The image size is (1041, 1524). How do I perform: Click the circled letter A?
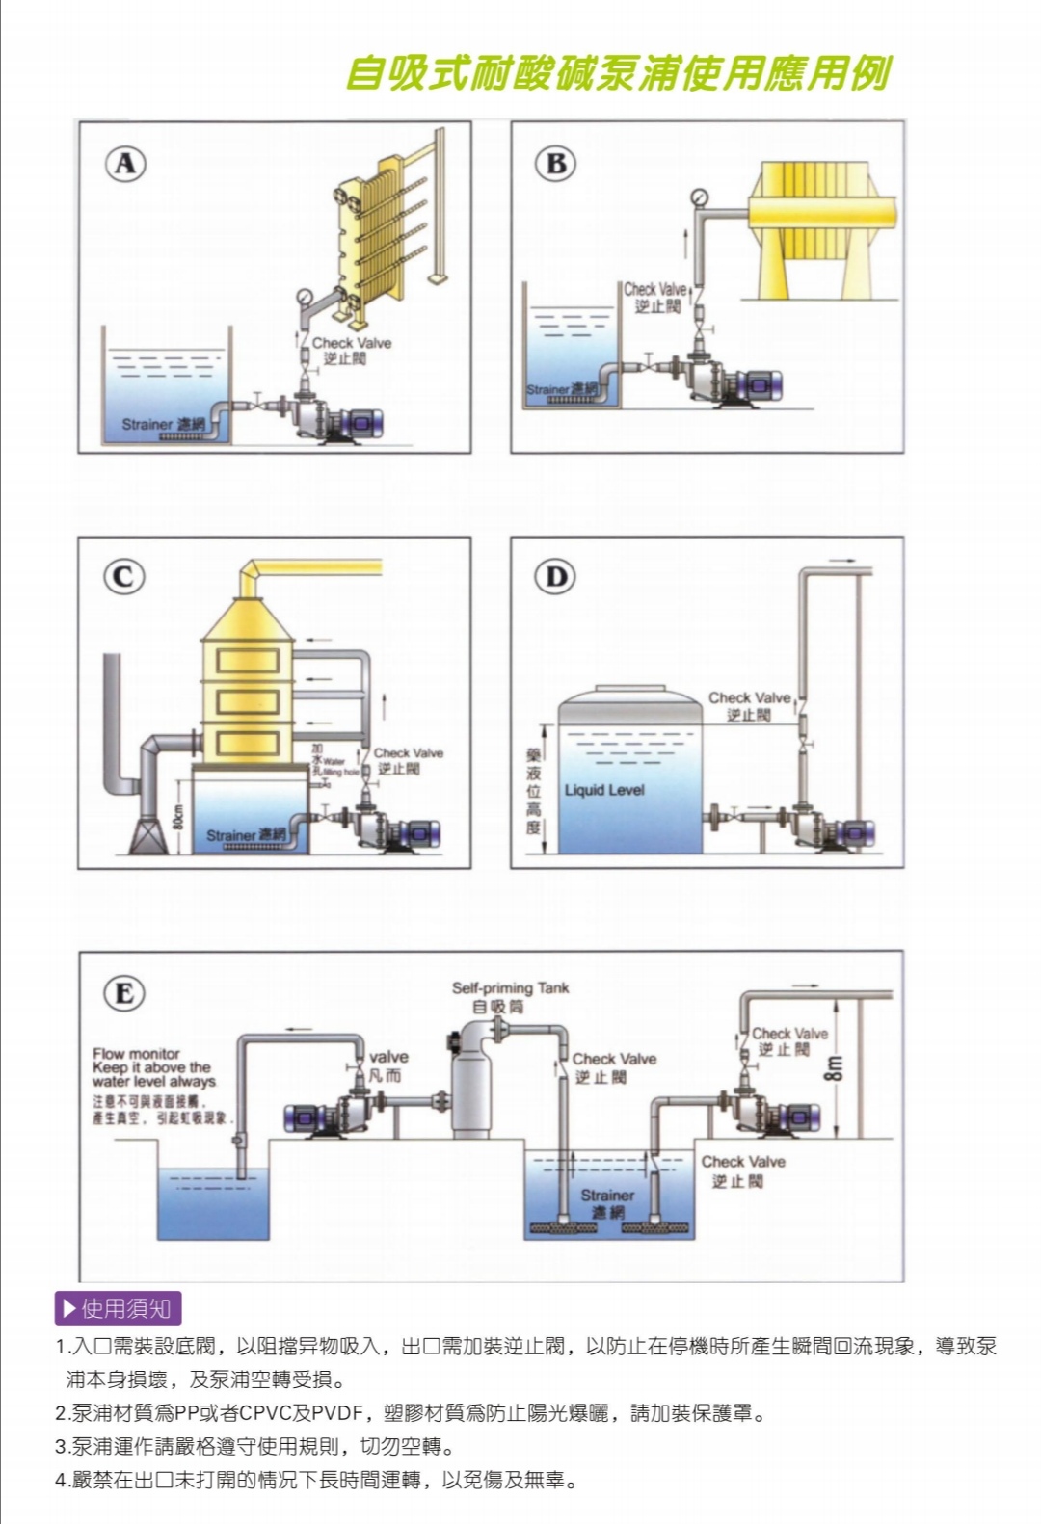click(x=125, y=164)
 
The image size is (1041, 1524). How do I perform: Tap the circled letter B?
click(x=556, y=164)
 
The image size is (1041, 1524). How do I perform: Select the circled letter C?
click(x=123, y=576)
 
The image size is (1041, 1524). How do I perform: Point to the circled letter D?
click(x=556, y=576)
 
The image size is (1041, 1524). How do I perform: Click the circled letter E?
click(x=124, y=992)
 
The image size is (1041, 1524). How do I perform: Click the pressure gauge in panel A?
click(x=306, y=297)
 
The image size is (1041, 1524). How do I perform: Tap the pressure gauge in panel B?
click(x=699, y=197)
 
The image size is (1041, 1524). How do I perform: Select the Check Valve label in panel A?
click(x=351, y=343)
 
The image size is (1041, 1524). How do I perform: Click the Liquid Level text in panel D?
click(x=604, y=790)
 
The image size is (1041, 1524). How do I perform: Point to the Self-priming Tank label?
click(x=510, y=988)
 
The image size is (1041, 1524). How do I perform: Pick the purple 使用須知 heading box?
click(x=118, y=1308)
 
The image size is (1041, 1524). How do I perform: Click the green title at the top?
click(x=617, y=73)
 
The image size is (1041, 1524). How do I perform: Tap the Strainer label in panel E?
click(x=607, y=1196)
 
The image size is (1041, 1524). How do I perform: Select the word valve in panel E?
click(x=388, y=1057)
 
